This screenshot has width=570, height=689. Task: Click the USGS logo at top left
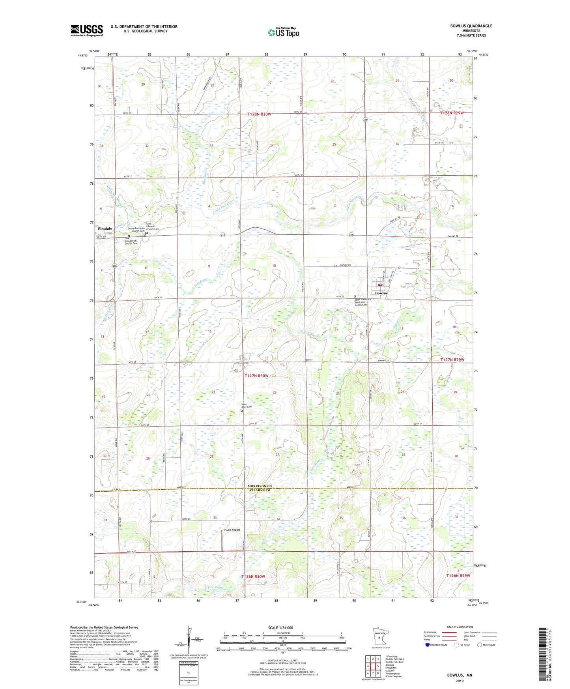[x=87, y=30]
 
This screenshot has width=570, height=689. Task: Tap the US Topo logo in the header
[x=283, y=32]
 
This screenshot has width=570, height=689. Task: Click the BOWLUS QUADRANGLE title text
[x=471, y=26]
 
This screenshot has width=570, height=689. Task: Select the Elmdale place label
[x=105, y=228]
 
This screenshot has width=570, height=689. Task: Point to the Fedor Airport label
[x=232, y=530]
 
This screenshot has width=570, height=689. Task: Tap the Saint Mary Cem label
[x=247, y=405]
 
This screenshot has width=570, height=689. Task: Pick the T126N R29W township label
[x=458, y=576]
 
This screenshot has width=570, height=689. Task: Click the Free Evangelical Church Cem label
[x=131, y=241]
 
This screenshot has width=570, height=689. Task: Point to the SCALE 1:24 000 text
[x=280, y=627]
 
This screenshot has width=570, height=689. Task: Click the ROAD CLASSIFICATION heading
[x=460, y=627]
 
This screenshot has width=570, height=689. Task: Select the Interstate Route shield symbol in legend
[x=428, y=645]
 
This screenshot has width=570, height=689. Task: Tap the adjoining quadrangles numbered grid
[x=373, y=667]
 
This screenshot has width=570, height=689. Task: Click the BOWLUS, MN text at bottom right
[x=460, y=675]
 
